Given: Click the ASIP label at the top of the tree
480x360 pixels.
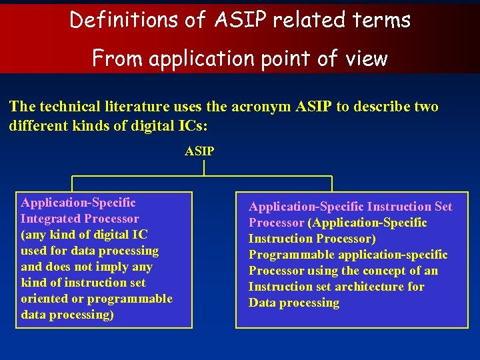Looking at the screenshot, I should coord(199,151).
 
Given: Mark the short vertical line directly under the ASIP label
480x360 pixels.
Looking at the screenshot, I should coord(204,167).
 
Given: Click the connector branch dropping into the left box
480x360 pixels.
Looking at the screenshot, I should coord(73,184).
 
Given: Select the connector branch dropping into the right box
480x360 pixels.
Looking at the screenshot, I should coord(331,184).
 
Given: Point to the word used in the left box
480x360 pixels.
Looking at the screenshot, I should coord(33,251).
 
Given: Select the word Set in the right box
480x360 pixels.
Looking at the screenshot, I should coord(442,207).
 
